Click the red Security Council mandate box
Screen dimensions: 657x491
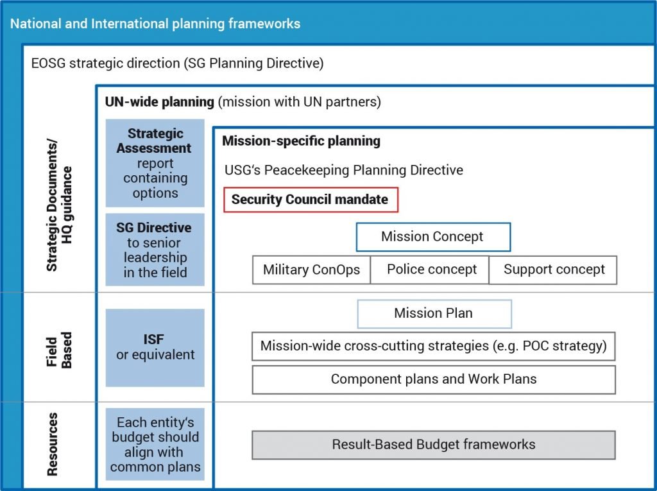point(311,200)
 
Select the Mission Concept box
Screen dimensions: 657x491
point(433,237)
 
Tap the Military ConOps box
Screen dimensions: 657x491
point(311,270)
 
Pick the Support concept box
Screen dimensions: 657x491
point(553,270)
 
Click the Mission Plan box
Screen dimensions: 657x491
point(434,314)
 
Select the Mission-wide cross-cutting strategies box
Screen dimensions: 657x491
point(434,347)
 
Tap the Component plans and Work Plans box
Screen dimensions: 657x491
point(434,379)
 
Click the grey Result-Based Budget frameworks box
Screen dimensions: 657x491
point(434,445)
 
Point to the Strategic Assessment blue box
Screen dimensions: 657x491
point(155,163)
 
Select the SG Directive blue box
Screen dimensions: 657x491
point(155,250)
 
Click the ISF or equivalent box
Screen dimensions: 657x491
point(155,348)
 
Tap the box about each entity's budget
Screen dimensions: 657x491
point(155,444)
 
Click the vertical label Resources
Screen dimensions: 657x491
point(53,444)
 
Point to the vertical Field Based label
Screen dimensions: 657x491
point(59,350)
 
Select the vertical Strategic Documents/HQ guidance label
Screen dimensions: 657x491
point(59,205)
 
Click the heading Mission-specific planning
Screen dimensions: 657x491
point(302,141)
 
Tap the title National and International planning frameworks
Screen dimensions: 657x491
point(155,24)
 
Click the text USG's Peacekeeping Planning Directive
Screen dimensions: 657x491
point(344,170)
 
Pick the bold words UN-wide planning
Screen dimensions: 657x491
point(160,102)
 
